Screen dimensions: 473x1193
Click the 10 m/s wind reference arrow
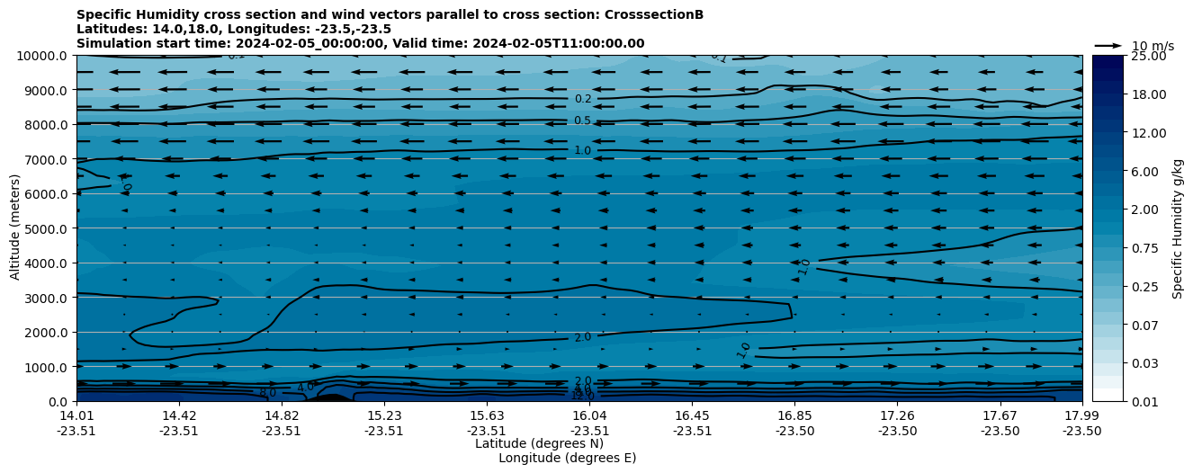coord(1108,45)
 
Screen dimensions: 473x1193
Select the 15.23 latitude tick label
coord(384,415)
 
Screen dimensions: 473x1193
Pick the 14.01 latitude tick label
coord(76,415)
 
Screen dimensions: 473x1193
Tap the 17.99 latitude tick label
coord(1081,415)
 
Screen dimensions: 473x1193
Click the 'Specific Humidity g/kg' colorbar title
coord(1179,228)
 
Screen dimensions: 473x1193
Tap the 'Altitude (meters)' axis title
coord(15,228)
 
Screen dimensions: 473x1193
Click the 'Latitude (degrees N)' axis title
coord(539,443)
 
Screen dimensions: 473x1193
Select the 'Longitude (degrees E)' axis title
coord(567,458)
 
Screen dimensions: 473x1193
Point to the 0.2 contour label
coord(583,99)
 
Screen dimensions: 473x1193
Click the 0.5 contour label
coord(583,120)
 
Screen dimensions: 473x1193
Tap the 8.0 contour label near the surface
coord(267,393)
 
